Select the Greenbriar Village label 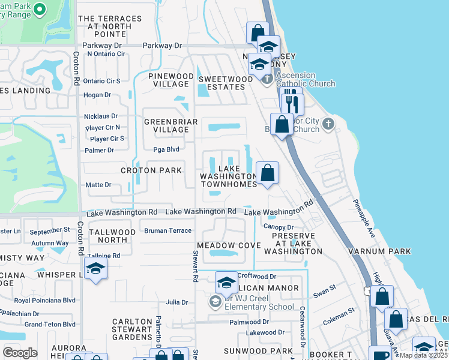coord(166,125)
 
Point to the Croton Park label coord(151,170)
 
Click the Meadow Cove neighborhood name coord(229,245)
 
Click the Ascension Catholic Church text coord(306,80)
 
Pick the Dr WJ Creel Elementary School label coord(259,302)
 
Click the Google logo coord(20,352)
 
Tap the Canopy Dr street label coord(278,227)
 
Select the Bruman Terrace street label coord(167,230)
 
